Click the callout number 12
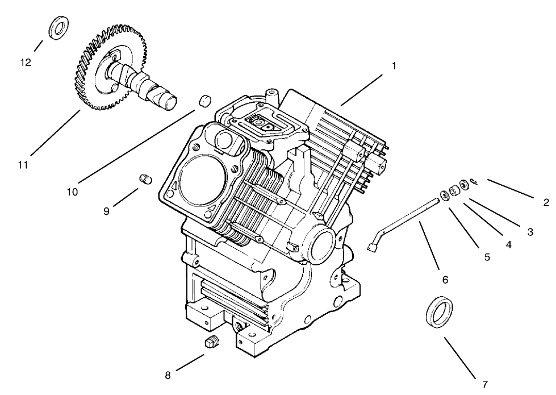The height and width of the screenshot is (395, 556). click(26, 63)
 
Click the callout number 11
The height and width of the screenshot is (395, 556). click(23, 164)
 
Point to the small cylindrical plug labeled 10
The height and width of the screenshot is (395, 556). click(204, 102)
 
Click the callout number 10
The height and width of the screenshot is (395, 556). click(72, 192)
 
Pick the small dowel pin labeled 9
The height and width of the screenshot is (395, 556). click(145, 180)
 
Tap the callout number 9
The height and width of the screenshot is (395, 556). click(106, 211)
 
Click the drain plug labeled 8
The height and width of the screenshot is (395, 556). click(211, 343)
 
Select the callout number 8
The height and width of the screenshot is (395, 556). click(168, 375)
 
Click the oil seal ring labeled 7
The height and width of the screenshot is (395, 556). click(440, 312)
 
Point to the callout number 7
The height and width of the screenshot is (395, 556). click(484, 384)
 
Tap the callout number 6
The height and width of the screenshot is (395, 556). click(445, 280)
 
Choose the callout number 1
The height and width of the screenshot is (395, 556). click(393, 65)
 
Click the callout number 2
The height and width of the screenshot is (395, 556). click(545, 202)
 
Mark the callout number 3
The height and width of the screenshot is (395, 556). click(529, 231)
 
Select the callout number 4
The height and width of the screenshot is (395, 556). click(508, 245)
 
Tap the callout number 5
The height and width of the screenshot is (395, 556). click(487, 257)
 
